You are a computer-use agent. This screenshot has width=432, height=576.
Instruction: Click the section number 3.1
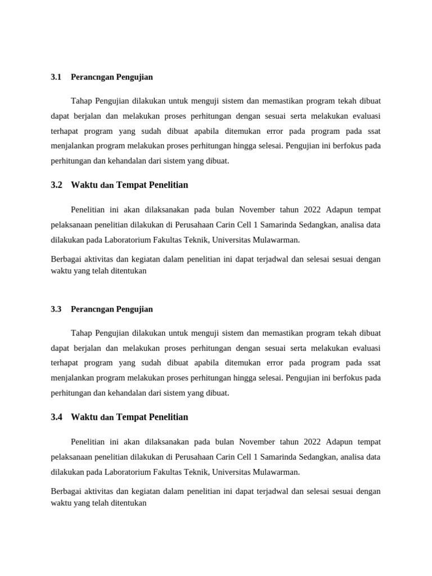[56, 77]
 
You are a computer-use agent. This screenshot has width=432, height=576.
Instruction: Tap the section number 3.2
[56, 185]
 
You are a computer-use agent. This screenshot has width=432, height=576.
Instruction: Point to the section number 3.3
[56, 309]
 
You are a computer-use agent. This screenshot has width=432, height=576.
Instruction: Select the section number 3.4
[56, 417]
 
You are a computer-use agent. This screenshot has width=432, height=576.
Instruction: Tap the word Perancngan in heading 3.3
[92, 309]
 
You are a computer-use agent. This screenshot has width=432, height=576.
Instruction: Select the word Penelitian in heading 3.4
[170, 417]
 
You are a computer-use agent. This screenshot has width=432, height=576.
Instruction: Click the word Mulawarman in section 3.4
[276, 472]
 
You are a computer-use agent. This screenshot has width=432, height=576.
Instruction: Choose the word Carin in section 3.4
[227, 457]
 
